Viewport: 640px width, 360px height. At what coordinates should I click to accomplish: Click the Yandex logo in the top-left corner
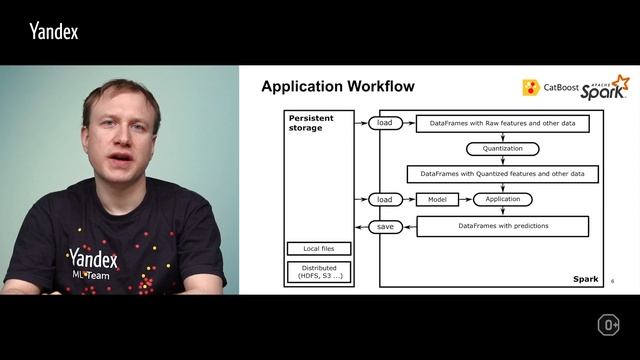pos(53,31)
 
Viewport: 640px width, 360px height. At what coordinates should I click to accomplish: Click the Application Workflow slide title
pos(337,87)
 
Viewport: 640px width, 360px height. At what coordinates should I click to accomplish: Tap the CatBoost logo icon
pos(531,88)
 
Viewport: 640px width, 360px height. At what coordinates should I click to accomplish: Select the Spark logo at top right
pos(605,86)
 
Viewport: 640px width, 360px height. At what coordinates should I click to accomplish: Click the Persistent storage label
pos(312,123)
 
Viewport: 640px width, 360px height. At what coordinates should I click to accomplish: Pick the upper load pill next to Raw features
pos(385,123)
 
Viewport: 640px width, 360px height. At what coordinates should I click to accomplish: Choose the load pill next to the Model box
pos(385,199)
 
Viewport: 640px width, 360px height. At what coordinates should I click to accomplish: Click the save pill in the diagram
pos(385,227)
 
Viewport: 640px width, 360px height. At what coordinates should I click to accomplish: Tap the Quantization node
pos(502,148)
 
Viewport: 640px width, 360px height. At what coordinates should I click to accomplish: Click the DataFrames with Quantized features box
pos(502,173)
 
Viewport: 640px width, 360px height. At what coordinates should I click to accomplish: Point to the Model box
pos(437,199)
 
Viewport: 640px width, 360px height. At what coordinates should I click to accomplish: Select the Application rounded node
pos(502,199)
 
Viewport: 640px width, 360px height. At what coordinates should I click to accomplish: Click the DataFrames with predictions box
pos(502,227)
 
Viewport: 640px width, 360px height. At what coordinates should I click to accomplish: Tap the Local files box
pos(318,248)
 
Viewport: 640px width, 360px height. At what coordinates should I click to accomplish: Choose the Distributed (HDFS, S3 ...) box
pos(318,272)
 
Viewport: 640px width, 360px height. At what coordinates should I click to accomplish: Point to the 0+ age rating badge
pos(608,325)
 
